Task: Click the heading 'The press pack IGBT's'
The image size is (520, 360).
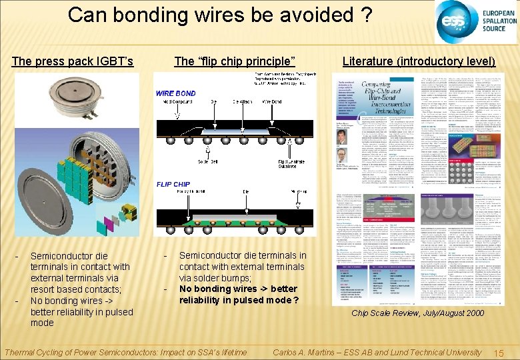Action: (73, 61)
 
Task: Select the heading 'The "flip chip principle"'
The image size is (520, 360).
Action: (234, 61)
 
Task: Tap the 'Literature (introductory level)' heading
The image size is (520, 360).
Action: (419, 61)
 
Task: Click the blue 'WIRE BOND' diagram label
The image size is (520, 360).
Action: (175, 93)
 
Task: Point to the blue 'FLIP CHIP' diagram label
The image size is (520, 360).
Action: (173, 184)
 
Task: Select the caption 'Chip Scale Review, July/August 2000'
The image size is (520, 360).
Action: (418, 313)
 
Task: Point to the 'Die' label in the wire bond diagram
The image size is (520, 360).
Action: (213, 103)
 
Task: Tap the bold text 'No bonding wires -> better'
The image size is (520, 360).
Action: (237, 289)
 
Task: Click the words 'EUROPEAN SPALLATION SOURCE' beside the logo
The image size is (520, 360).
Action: (498, 22)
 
